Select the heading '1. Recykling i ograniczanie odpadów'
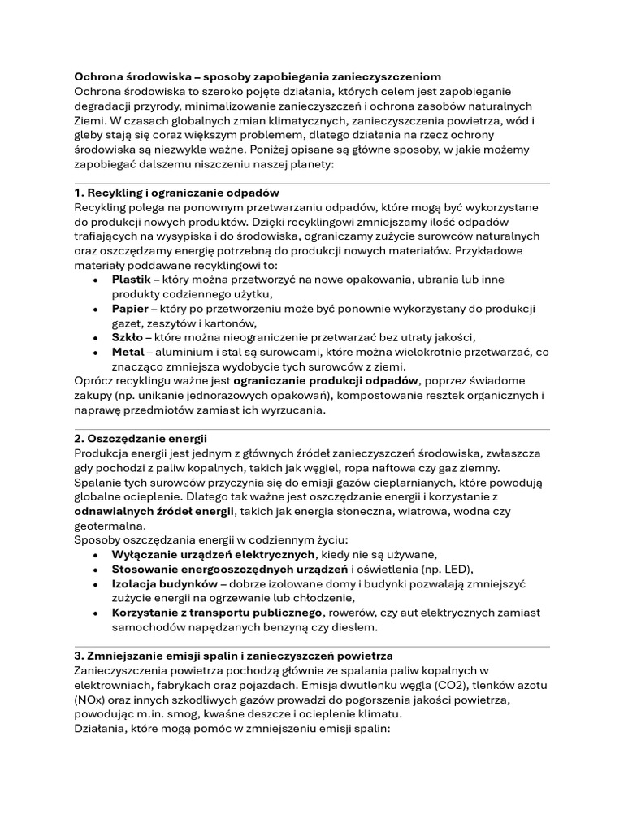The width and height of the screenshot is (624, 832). click(176, 193)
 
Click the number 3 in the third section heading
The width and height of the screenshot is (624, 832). click(78, 655)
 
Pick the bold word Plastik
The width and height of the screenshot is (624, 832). click(132, 279)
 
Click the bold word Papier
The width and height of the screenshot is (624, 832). click(130, 309)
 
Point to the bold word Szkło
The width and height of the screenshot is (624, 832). click(128, 337)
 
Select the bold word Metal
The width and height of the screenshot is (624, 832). click(128, 352)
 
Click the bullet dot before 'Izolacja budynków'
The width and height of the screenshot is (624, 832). click(97, 583)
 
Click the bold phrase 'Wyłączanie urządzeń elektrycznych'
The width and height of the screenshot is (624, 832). click(213, 554)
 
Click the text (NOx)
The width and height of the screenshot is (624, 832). click(89, 700)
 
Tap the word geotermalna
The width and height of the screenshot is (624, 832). click(108, 525)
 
